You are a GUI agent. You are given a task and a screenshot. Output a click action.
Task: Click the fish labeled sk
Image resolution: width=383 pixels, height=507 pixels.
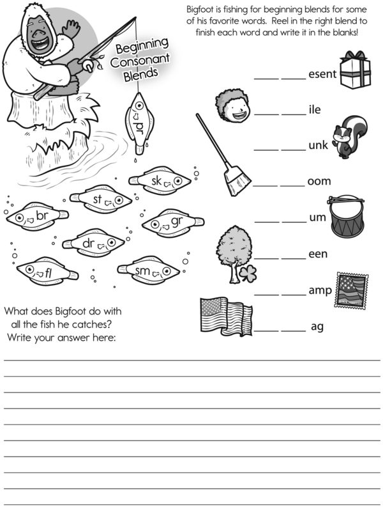(160, 180)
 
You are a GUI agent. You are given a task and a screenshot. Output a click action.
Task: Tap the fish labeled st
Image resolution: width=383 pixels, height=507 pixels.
(101, 199)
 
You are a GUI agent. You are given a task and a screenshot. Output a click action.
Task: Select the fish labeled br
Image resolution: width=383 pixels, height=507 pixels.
(38, 216)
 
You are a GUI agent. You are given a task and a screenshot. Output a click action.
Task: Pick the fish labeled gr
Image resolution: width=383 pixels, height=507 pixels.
(173, 222)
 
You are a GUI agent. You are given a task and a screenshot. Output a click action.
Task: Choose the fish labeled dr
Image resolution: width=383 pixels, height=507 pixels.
(94, 243)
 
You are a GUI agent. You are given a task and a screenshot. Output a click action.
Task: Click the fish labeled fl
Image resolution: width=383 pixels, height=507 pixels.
(47, 271)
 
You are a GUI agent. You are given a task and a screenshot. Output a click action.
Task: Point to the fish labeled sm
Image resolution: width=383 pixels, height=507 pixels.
(149, 270)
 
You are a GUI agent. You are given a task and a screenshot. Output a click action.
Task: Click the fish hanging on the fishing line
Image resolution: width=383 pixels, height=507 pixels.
(140, 123)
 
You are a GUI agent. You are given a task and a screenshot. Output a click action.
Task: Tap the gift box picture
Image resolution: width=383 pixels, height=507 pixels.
(355, 70)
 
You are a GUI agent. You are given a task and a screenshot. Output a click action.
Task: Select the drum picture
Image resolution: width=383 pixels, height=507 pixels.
(347, 217)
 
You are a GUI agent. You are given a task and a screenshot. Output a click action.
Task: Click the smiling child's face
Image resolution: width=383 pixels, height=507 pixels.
(233, 106)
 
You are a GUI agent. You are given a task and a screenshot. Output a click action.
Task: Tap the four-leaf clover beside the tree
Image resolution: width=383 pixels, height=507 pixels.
(248, 274)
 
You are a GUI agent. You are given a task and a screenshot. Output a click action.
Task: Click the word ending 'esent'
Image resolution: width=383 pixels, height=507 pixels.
(322, 74)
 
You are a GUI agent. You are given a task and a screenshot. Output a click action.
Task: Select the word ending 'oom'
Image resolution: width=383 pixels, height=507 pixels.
(319, 181)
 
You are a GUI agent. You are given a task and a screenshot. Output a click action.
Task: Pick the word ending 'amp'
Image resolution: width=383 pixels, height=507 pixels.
(320, 290)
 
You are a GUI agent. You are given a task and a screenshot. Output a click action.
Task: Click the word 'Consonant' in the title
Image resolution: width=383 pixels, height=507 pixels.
(140, 60)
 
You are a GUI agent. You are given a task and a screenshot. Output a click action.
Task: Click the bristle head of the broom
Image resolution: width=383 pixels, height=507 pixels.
(237, 181)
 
